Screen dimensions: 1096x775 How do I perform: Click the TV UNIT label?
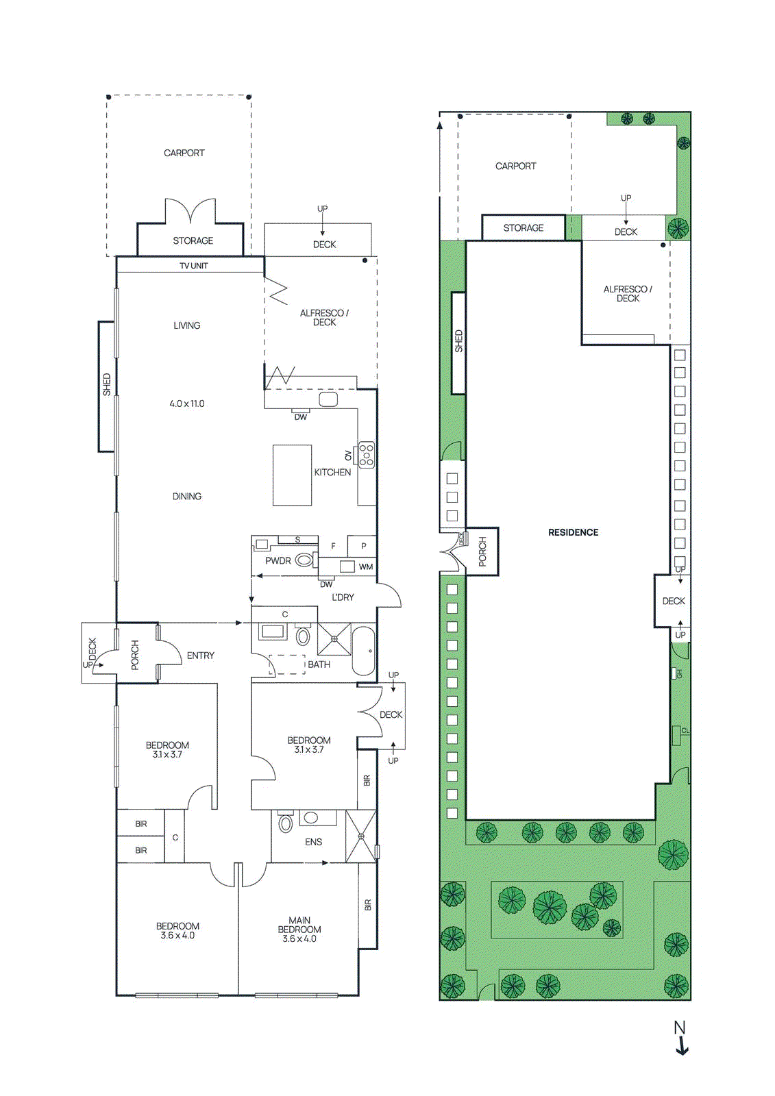click(x=194, y=266)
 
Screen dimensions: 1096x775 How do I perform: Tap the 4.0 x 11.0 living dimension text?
click(x=187, y=403)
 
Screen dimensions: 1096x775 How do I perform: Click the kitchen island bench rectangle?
click(x=292, y=475)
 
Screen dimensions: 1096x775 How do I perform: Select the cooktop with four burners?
click(x=367, y=455)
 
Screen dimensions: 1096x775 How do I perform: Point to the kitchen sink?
click(x=328, y=399)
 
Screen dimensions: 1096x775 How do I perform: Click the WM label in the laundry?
click(x=366, y=566)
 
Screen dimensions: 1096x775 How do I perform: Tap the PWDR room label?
click(x=278, y=560)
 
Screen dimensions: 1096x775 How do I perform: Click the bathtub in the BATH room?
click(x=364, y=651)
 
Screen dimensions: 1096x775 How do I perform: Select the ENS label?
click(x=313, y=842)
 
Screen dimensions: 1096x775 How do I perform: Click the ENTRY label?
click(x=201, y=656)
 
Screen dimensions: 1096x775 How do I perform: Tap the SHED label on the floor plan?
click(x=107, y=384)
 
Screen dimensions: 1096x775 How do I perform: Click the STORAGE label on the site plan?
click(x=524, y=227)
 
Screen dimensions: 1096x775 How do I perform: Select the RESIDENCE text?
click(x=573, y=532)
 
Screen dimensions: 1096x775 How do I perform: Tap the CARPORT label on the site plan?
click(x=516, y=166)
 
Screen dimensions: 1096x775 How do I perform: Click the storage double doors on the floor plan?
click(x=190, y=211)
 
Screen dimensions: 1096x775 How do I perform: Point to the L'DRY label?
click(x=343, y=597)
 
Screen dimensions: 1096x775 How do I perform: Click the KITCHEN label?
click(x=332, y=472)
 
